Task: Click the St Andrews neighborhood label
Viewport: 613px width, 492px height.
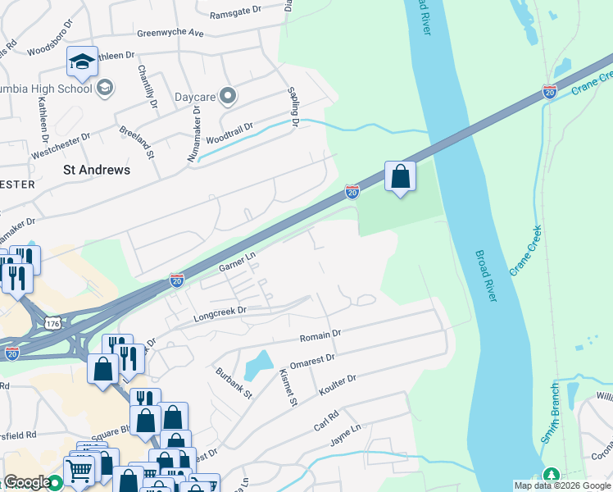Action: click(97, 170)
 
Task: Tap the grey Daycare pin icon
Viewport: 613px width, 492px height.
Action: click(229, 97)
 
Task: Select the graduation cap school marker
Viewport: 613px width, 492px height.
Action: click(82, 61)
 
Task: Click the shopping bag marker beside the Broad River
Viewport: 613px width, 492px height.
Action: click(400, 176)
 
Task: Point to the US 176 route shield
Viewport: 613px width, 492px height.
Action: click(53, 324)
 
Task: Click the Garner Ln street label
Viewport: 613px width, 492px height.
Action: click(238, 262)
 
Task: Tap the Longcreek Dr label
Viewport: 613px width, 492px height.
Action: click(219, 312)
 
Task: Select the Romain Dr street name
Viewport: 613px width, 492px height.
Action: click(320, 335)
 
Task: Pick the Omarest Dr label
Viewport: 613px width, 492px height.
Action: click(313, 358)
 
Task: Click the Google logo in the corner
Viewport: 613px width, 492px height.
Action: click(27, 482)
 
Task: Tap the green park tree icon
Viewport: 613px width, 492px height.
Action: click(552, 476)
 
